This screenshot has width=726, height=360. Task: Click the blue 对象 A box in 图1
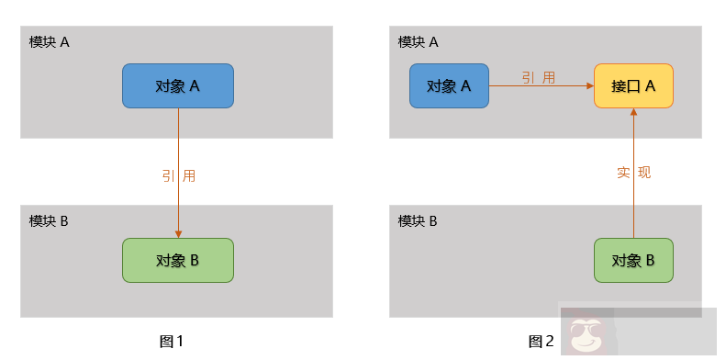coord(178,85)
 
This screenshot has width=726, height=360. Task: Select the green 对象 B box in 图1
coord(178,260)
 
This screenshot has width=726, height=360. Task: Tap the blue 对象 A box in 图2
coord(449,85)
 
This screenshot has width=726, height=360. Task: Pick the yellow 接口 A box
coord(633,85)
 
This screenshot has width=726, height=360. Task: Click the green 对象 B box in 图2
coord(633,260)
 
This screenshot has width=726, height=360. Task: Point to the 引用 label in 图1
coord(178,174)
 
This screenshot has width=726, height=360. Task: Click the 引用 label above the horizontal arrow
coord(539,77)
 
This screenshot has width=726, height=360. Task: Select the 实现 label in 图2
coord(633,172)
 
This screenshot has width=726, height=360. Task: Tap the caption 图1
coord(172,341)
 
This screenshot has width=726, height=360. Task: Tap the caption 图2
coord(541,341)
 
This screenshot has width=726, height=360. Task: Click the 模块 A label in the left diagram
coord(50,41)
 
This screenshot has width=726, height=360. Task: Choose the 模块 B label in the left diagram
coord(50,220)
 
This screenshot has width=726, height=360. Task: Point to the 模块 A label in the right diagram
coord(419,41)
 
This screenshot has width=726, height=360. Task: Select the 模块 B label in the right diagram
coord(419,220)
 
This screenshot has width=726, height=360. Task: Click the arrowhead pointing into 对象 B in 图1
coord(178,233)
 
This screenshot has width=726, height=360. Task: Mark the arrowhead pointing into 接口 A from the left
coord(589,85)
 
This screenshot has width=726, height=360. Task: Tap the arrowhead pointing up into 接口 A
coord(633,113)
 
